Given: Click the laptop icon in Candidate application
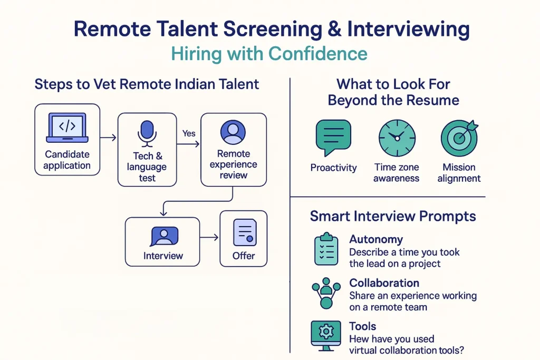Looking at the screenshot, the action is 67,128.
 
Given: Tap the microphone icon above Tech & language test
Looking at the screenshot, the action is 147,133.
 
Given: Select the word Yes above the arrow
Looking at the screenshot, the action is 189,133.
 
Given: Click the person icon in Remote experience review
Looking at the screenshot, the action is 233,132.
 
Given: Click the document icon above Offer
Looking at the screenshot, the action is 245,232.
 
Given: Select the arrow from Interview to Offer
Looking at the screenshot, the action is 209,237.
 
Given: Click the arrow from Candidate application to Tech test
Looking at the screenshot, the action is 109,138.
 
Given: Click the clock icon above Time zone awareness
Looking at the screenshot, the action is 397,138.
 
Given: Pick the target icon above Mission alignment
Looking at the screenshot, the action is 459,138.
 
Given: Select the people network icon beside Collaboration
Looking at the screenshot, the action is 326,293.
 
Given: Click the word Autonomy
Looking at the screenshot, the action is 376,239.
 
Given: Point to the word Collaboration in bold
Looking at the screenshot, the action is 384,283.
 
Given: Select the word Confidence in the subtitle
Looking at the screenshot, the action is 318,54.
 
